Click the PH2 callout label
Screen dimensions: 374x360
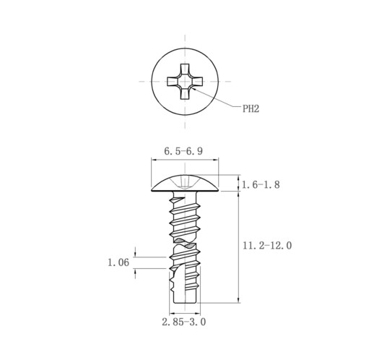click(251, 109)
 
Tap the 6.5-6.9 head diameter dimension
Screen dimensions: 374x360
click(183, 151)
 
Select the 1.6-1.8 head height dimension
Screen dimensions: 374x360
click(261, 185)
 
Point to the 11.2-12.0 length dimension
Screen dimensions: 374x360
click(267, 246)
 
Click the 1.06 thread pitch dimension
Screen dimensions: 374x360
click(118, 262)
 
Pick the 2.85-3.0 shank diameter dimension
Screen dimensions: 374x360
click(184, 322)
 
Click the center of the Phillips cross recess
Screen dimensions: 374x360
click(185, 82)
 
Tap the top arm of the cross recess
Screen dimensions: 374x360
click(185, 69)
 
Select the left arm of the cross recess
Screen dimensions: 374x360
click(173, 82)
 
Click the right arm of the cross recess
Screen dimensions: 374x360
click(197, 82)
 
